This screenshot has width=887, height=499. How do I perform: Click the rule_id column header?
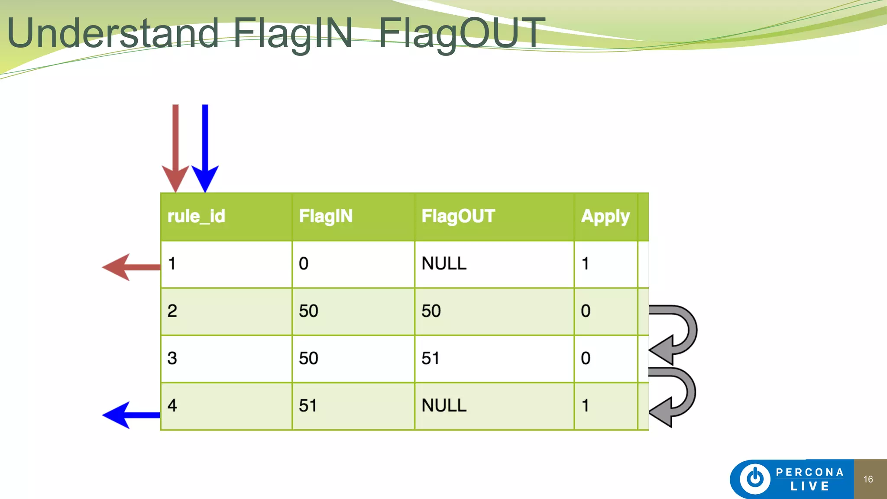(196, 216)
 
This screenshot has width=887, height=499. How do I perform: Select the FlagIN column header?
(326, 216)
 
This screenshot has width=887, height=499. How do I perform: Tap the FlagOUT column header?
(458, 216)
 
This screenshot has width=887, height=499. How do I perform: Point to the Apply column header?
(605, 216)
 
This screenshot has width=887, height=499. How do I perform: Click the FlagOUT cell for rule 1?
(444, 263)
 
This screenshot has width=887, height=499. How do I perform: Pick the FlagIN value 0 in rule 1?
(304, 263)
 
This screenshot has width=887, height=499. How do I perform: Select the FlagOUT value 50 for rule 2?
(431, 311)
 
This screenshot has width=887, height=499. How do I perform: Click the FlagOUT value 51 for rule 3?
(431, 358)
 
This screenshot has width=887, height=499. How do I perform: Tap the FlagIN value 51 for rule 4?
(308, 406)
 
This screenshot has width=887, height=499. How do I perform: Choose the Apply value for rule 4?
(586, 406)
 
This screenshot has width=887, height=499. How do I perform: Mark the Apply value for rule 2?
(586, 311)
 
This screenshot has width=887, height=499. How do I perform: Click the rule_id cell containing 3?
(172, 358)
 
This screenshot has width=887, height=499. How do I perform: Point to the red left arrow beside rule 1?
(130, 267)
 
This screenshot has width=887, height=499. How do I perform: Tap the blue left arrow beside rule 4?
(130, 415)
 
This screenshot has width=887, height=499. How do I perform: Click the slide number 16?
(868, 479)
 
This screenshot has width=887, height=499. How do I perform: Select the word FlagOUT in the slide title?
(462, 33)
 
